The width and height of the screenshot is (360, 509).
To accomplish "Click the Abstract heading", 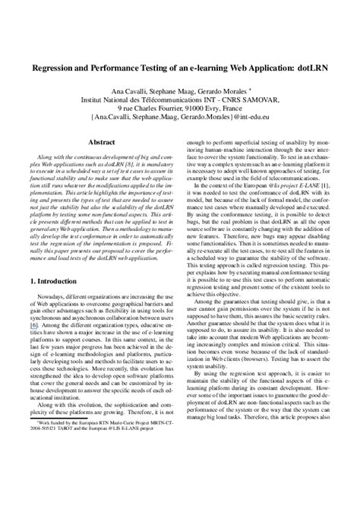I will [x=102, y=141].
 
